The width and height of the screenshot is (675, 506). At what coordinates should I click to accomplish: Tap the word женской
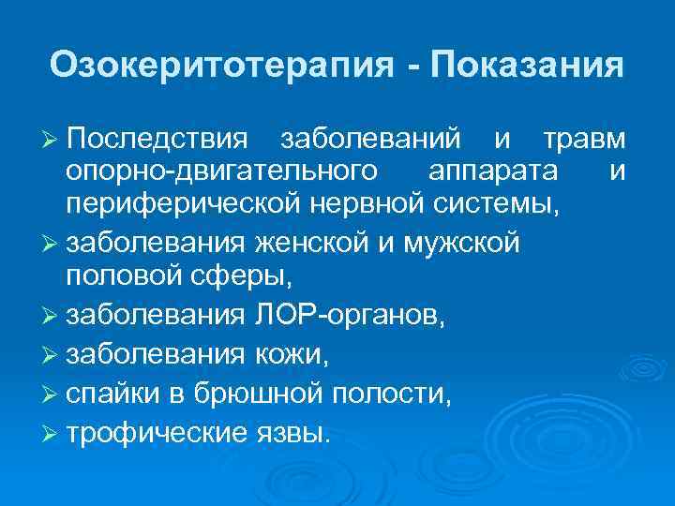311,245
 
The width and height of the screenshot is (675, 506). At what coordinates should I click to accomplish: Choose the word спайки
112,391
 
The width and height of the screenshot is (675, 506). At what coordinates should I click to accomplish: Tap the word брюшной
248,391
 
